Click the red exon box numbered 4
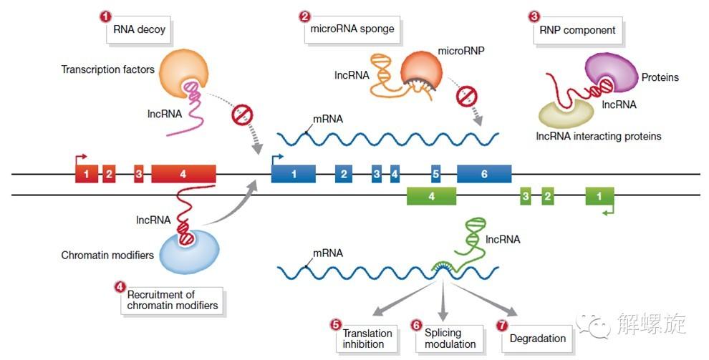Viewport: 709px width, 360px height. point(183,174)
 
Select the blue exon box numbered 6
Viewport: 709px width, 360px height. point(484,174)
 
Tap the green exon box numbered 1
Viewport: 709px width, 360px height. point(599,195)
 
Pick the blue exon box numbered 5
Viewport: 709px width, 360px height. point(435,174)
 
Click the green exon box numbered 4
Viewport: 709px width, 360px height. point(431,195)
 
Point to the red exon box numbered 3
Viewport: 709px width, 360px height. point(138,174)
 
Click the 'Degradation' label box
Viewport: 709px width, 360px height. point(537,339)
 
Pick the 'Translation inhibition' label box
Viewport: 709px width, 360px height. point(367,339)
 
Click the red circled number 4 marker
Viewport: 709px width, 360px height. point(120,286)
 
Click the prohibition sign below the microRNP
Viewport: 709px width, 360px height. point(467,94)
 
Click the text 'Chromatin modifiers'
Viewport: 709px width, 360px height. point(107,255)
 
